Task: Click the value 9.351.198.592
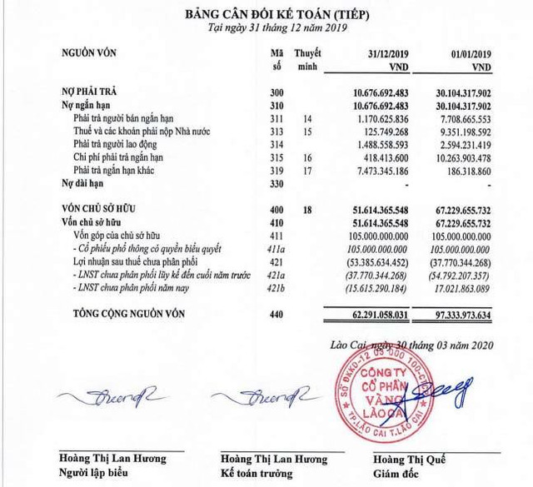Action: pyautogui.click(x=459, y=132)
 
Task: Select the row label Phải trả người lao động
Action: pyautogui.click(x=124, y=145)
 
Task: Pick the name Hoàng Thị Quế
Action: pyautogui.click(x=411, y=459)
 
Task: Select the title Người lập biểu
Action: pyautogui.click(x=94, y=474)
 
